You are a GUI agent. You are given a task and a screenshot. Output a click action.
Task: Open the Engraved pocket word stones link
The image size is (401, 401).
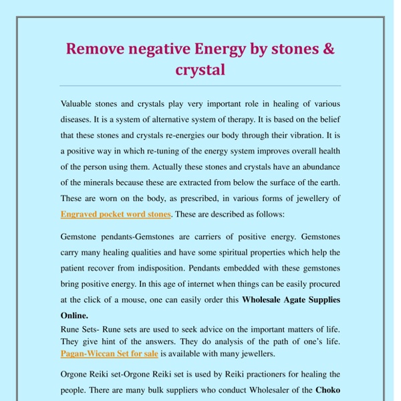tap(116, 215)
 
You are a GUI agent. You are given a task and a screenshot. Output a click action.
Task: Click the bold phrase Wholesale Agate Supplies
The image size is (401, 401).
tap(291, 299)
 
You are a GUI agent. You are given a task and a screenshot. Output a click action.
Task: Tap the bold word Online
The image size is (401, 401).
tap(74, 315)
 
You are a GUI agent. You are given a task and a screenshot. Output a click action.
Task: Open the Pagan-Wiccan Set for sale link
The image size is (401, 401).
tap(109, 354)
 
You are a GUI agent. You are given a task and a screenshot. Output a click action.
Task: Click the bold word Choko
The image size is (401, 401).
tap(327, 390)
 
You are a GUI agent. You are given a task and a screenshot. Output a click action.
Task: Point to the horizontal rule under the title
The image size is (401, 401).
tap(200, 86)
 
